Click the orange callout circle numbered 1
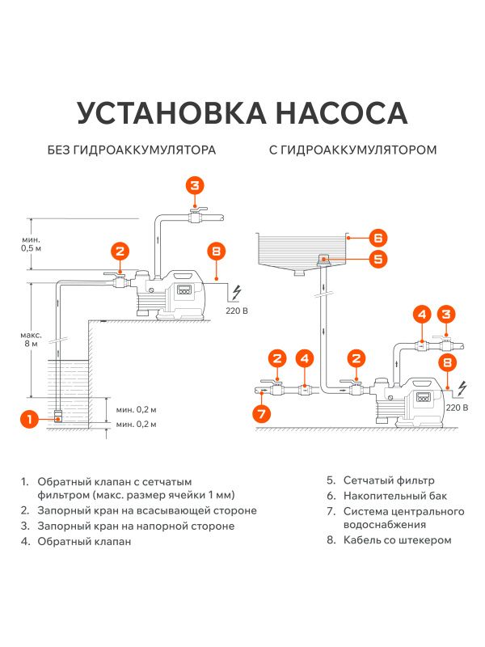point(29,419)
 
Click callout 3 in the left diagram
point(194,184)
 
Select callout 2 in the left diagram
point(119,251)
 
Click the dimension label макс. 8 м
point(31,339)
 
